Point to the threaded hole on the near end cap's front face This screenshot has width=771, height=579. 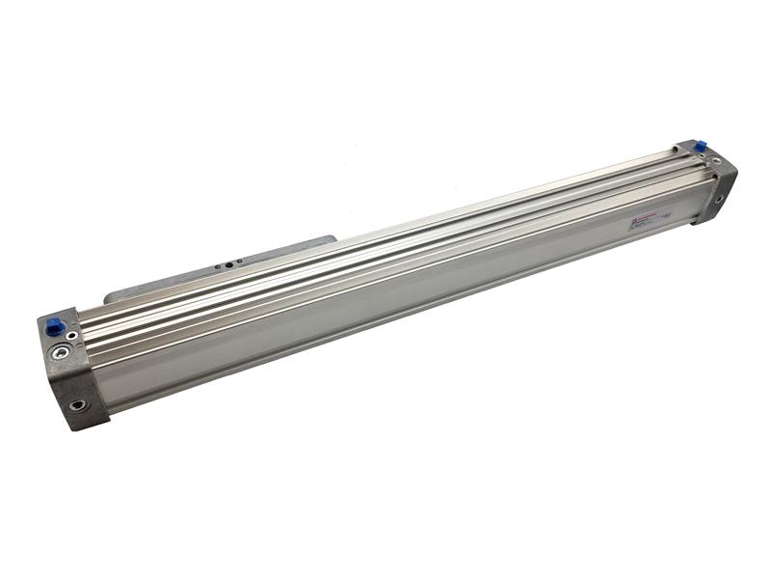pos(76,404)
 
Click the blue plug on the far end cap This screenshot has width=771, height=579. pos(700,146)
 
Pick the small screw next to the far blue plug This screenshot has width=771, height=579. pos(687,150)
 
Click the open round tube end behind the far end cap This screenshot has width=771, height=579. pos(676,149)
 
